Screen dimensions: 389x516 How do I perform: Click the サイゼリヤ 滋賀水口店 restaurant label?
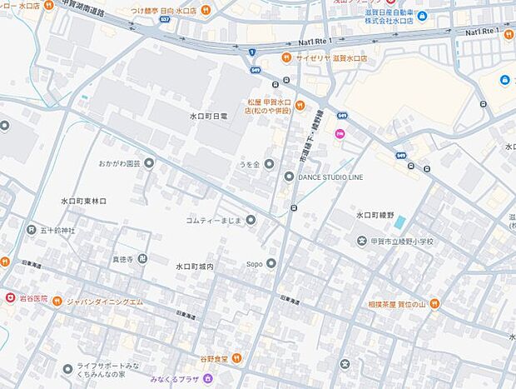click(330, 57)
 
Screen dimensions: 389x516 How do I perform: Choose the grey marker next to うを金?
click(270, 164)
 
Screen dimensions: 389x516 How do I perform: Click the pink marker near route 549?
click(339, 134)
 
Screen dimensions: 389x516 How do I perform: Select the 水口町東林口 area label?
click(83, 201)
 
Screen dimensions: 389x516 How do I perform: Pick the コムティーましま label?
click(213, 220)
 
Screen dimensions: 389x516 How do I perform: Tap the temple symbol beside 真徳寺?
click(142, 259)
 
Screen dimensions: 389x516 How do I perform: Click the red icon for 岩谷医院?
click(9, 297)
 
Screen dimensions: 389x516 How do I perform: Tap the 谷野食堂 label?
click(216, 358)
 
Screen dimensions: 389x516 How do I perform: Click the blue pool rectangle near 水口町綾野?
click(400, 223)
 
